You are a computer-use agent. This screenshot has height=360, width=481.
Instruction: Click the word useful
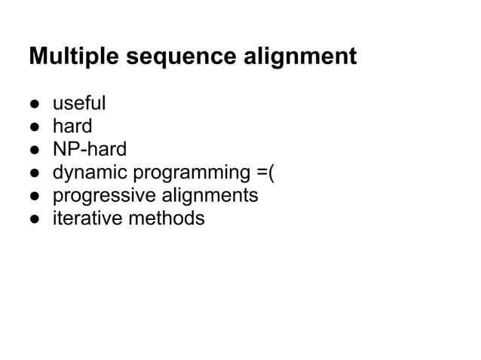click(x=79, y=102)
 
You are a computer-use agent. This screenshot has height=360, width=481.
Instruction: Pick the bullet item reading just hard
click(x=72, y=125)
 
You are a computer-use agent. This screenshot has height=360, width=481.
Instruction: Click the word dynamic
click(x=90, y=172)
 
